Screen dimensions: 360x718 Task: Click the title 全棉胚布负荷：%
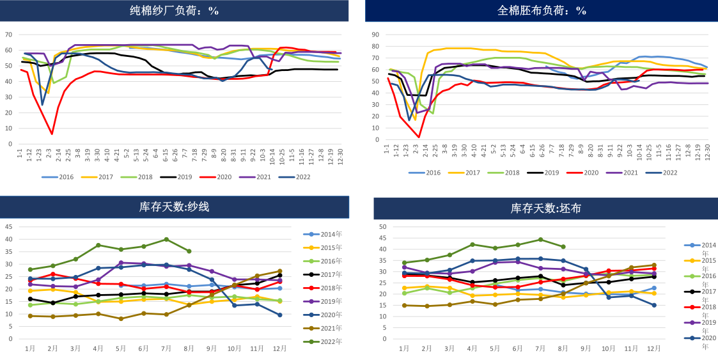[542, 10]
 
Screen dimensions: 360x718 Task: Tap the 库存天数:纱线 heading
[174, 207]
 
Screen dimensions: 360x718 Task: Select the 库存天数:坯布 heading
[545, 208]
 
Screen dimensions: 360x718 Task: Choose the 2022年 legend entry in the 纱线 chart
[327, 341]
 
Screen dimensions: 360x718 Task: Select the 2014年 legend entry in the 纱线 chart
[327, 235]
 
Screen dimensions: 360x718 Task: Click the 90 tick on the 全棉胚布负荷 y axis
[376, 35]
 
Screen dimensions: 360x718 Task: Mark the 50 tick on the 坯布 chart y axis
[382, 227]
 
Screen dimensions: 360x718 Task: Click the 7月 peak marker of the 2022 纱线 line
[166, 239]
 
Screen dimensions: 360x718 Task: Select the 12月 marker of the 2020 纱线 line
[280, 315]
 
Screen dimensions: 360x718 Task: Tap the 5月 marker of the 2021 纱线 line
[121, 318]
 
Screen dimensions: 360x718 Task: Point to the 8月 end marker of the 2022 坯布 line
[563, 247]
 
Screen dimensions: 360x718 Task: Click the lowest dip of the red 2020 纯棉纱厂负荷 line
[52, 134]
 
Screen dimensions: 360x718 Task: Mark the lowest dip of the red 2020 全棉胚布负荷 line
[419, 137]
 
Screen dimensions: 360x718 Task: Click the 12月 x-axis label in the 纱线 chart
[280, 348]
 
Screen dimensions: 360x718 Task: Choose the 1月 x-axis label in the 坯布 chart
[404, 348]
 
